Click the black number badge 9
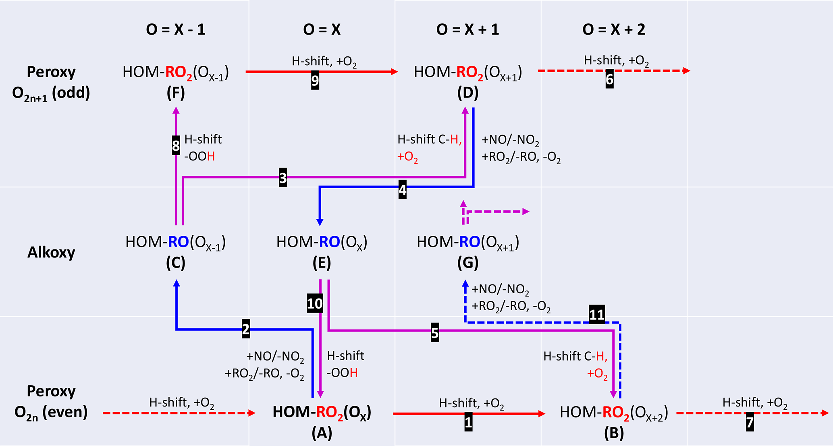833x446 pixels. pyautogui.click(x=315, y=81)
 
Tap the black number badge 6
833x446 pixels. pyautogui.click(x=609, y=79)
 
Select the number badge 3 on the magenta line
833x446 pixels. pyautogui.click(x=283, y=178)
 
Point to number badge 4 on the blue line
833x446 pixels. pyautogui.click(x=402, y=190)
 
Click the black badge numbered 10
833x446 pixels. pyautogui.click(x=315, y=303)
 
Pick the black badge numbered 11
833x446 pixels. pyautogui.click(x=597, y=315)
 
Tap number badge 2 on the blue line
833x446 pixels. pyautogui.click(x=246, y=329)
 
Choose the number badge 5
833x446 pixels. pyautogui.click(x=435, y=333)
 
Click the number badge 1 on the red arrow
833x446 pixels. pyautogui.click(x=468, y=422)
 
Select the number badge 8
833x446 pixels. pyautogui.click(x=176, y=146)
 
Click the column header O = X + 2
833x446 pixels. pyautogui.click(x=614, y=29)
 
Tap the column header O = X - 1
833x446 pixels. pyautogui.click(x=176, y=29)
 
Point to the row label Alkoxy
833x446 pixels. pyautogui.click(x=51, y=253)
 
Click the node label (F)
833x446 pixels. pyautogui.click(x=176, y=93)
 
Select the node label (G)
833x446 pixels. pyautogui.click(x=468, y=263)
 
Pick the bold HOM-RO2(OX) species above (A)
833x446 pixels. pyautogui.click(x=322, y=412)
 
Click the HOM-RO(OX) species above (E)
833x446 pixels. pyautogui.click(x=322, y=242)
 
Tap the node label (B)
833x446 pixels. pyautogui.click(x=614, y=433)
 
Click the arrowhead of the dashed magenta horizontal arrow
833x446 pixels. pyautogui.click(x=526, y=212)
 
